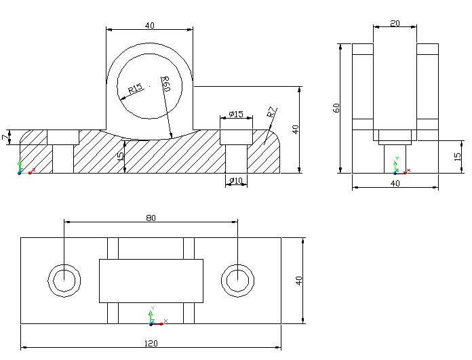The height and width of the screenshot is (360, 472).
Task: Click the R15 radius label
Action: (x=135, y=89)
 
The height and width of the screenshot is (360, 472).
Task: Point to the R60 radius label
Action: (x=165, y=85)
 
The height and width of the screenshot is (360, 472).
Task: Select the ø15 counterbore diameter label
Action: (x=236, y=114)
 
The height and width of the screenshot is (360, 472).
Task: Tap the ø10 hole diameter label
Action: (x=236, y=180)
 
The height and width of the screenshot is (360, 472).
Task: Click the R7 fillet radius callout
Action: (x=271, y=112)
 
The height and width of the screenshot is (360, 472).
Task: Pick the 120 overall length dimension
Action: (x=151, y=343)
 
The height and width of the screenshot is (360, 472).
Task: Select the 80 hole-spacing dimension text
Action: (x=151, y=218)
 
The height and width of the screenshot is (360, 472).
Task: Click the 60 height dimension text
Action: (x=336, y=108)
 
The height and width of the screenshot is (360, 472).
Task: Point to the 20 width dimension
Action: (x=395, y=23)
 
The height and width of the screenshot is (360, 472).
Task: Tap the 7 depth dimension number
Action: (x=5, y=138)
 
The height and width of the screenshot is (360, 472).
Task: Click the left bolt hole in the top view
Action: (x=64, y=279)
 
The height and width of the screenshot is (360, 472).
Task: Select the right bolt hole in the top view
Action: (x=237, y=279)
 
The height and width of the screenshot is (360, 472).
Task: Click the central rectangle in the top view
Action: (x=151, y=281)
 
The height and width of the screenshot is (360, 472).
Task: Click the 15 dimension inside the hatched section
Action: (x=121, y=157)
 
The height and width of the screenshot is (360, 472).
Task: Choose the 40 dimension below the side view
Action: (x=395, y=183)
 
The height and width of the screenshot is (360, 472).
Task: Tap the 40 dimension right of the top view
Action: (x=298, y=281)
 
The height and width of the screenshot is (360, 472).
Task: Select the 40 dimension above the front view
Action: (x=149, y=26)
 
